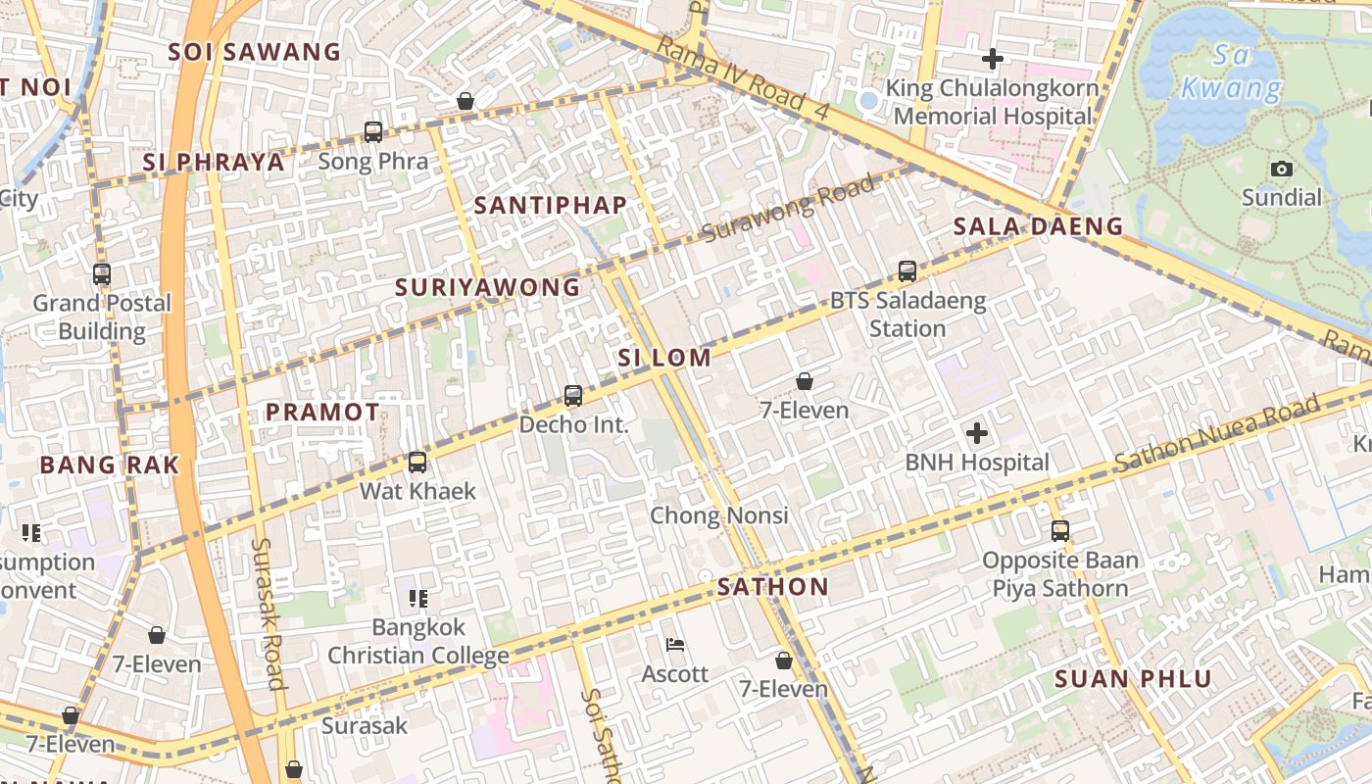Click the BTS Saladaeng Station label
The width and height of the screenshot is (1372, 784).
click(x=907, y=314)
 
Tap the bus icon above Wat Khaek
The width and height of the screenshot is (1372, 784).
click(x=417, y=463)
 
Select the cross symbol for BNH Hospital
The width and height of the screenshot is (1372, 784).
click(x=977, y=432)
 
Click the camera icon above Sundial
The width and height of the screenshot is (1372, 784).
click(x=1281, y=169)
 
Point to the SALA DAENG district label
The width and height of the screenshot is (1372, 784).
click(x=1038, y=226)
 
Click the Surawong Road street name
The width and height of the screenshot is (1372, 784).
click(x=788, y=210)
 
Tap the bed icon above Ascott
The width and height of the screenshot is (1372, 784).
click(x=675, y=645)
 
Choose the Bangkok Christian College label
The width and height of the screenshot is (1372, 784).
click(x=418, y=641)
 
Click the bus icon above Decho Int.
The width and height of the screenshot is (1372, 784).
click(x=573, y=396)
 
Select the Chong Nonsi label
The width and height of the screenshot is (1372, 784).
click(x=719, y=514)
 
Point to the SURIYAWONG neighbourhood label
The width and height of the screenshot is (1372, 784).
click(x=487, y=287)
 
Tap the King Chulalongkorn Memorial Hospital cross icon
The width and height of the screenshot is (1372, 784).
click(x=992, y=59)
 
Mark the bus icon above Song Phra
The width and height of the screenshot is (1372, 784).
click(x=373, y=131)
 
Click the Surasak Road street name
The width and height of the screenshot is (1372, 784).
click(x=269, y=613)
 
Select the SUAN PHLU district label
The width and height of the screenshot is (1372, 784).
click(x=1133, y=678)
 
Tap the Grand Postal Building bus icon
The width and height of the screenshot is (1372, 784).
click(x=102, y=274)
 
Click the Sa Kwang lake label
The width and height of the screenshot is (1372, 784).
click(x=1231, y=72)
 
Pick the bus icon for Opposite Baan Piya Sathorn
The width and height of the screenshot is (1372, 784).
click(x=1060, y=531)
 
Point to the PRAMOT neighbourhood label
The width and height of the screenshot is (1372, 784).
click(x=322, y=413)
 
